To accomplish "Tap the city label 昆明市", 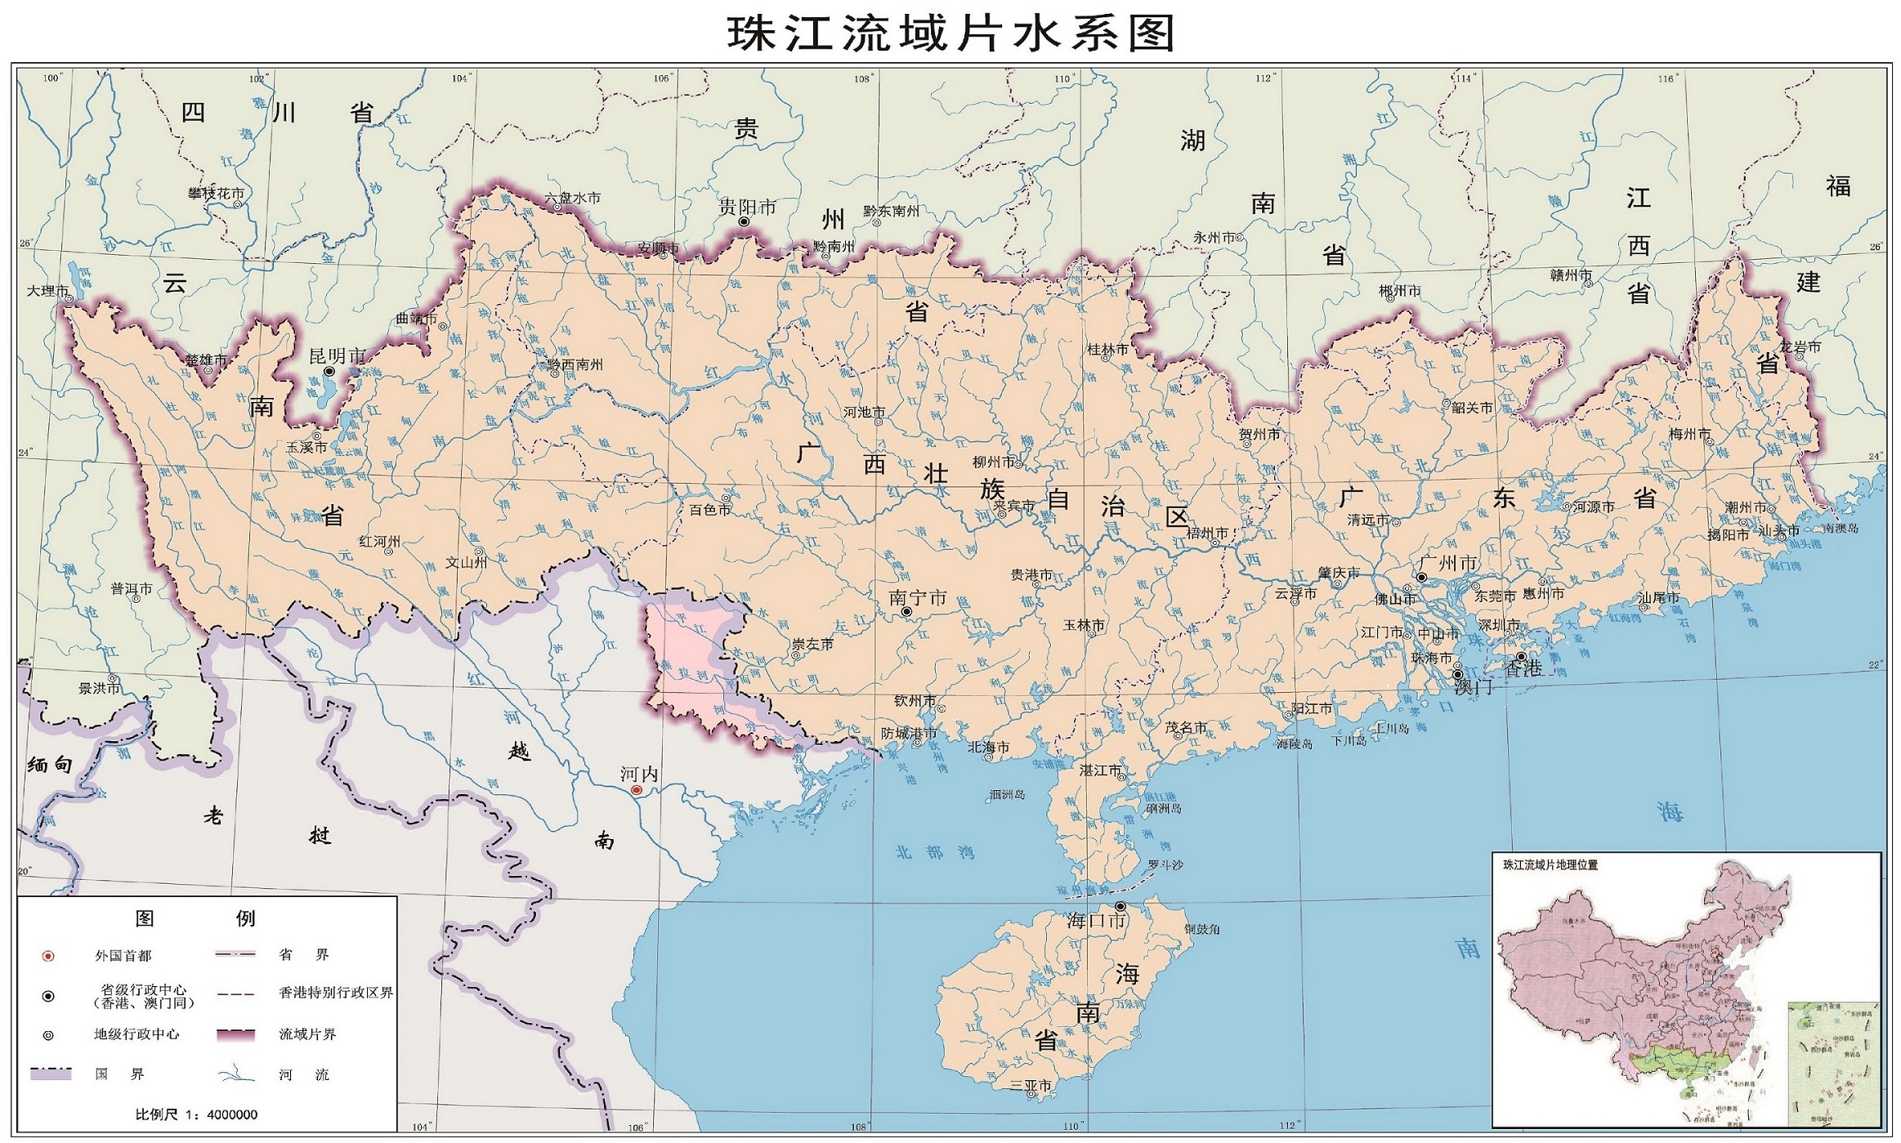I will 337,356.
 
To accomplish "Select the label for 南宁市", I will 917,598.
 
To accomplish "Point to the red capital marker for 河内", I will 637,790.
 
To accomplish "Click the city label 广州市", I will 1448,563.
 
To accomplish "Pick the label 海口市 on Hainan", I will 1096,921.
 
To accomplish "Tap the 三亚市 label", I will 1031,1086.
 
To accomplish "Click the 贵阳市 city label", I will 747,208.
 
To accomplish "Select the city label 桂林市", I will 1107,350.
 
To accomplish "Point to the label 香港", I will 1523,668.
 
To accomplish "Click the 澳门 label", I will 1473,687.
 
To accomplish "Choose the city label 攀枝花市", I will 216,194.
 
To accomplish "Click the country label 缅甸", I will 50,765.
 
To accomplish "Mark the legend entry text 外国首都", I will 123,956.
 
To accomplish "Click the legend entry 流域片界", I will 307,1034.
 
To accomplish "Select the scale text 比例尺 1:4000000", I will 196,1114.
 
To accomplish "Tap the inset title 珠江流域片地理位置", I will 1550,865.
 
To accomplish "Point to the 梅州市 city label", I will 1689,435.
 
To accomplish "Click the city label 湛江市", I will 1100,770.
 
